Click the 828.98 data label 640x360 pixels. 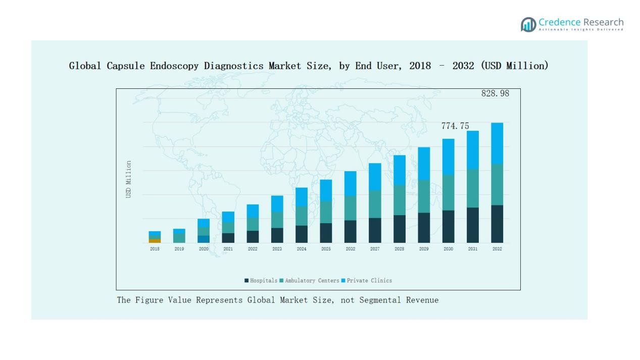point(495,93)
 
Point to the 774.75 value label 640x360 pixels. point(455,126)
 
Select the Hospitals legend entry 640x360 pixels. point(261,281)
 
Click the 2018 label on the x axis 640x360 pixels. point(155,249)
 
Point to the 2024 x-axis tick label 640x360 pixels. point(302,249)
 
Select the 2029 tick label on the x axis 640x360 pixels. point(424,249)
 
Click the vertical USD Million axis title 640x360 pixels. point(128,179)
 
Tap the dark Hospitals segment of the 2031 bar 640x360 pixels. point(473,225)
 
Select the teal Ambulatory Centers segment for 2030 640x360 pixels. point(449,192)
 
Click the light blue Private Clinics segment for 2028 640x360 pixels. point(400,170)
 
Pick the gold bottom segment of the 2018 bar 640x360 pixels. point(155,241)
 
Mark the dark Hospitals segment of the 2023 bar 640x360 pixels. point(277,235)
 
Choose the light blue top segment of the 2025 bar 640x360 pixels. point(326,190)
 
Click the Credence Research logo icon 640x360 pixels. point(528,24)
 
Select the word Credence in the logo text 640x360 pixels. point(559,22)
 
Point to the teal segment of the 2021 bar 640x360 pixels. point(228,228)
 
